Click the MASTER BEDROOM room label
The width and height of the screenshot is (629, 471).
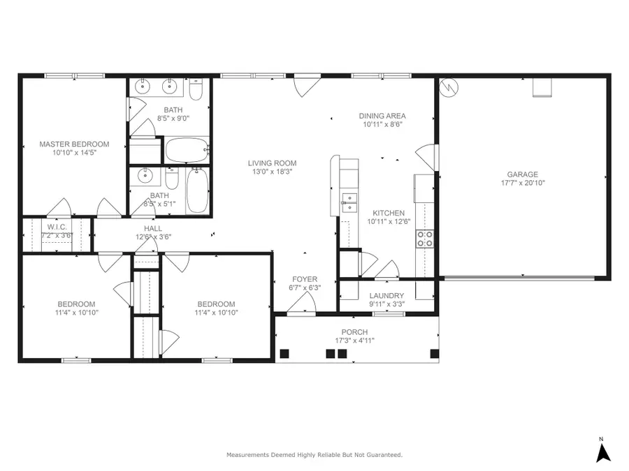73,144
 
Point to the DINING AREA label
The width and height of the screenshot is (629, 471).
382,116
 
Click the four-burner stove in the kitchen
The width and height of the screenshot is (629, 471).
425,239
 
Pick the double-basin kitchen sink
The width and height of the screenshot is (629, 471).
349,202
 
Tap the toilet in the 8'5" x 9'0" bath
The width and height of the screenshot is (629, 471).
197,91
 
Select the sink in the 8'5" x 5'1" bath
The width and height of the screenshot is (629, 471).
146,174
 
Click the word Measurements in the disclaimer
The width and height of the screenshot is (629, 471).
247,455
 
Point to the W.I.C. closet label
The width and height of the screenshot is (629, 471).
56,227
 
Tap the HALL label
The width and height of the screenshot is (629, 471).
152,228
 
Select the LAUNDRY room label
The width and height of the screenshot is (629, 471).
386,295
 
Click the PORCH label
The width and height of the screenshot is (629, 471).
354,331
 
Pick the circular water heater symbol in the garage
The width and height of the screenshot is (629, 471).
450,88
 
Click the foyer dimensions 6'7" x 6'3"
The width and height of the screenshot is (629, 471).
305,287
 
